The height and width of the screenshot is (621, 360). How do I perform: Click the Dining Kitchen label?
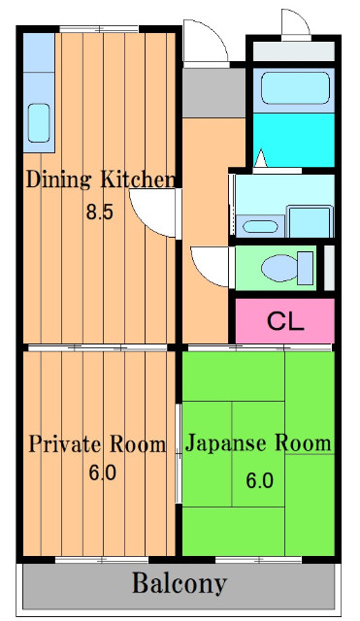coord(100,180)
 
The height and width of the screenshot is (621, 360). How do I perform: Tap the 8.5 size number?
coord(99,212)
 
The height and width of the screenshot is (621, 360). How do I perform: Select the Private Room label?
coord(96,445)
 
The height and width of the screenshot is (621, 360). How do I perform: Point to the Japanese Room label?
coord(258,444)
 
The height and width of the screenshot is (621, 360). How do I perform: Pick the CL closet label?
coord(285,320)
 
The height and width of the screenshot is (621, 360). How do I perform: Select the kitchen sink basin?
coord(38,122)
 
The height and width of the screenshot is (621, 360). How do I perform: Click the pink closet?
coord(285,320)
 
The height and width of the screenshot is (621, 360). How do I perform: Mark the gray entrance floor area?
coord(213,90)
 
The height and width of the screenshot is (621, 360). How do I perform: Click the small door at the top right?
coord(296,22)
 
